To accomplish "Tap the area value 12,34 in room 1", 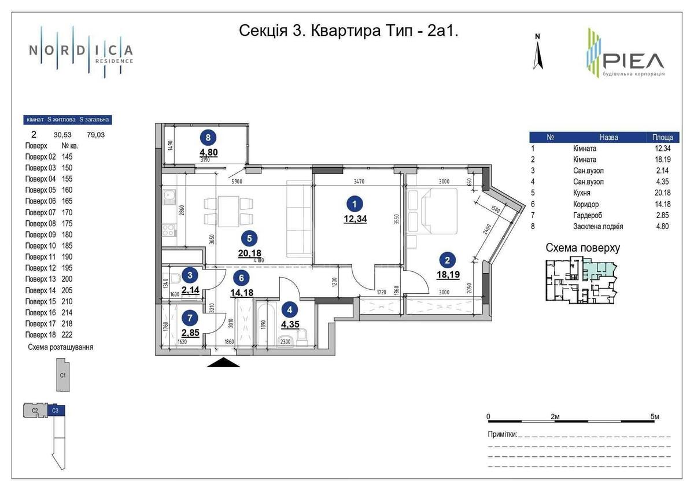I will pyautogui.click(x=355, y=219).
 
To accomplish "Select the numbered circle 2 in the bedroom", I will pyautogui.click(x=447, y=260).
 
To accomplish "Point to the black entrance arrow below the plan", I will pyautogui.click(x=223, y=363).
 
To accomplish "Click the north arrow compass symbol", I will pyautogui.click(x=538, y=53).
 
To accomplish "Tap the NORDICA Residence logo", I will pyautogui.click(x=81, y=51).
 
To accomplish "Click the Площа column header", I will pyautogui.click(x=662, y=138).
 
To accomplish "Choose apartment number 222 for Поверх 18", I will pyautogui.click(x=68, y=334).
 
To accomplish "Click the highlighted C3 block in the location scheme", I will pyautogui.click(x=56, y=411).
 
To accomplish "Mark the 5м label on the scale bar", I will pyautogui.click(x=654, y=416).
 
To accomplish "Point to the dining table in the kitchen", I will pyautogui.click(x=229, y=210).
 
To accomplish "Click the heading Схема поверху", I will pyautogui.click(x=582, y=248).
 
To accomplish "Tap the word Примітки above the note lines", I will pyautogui.click(x=501, y=434).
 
